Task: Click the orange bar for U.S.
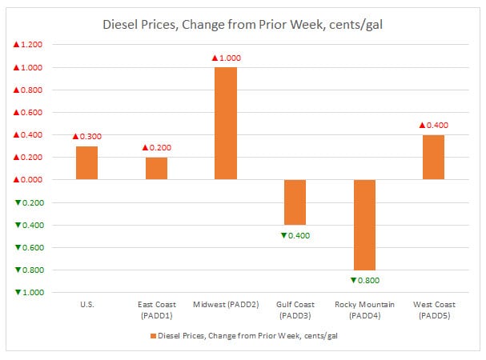[x=86, y=162]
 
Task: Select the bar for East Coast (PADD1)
[x=156, y=168]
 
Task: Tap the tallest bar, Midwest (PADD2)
[x=225, y=123]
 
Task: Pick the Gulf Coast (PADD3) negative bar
[x=295, y=202]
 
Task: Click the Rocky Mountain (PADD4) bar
[x=363, y=224]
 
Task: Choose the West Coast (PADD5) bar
[x=433, y=157]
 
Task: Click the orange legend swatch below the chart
[x=149, y=335]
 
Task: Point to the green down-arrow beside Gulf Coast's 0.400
[x=283, y=235]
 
